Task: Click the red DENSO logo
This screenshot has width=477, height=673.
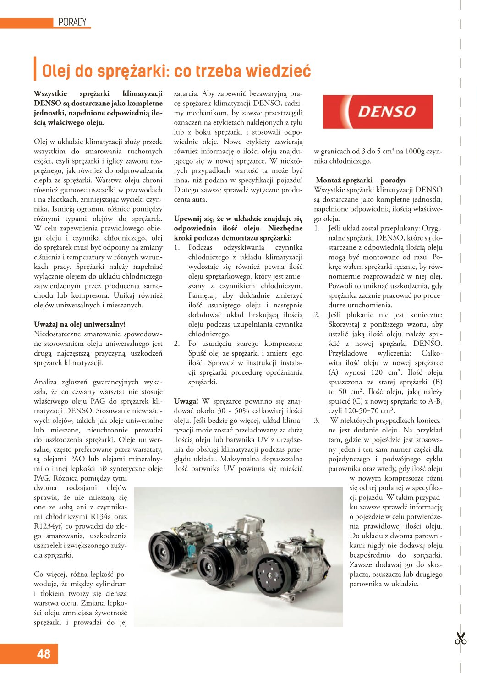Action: (378, 112)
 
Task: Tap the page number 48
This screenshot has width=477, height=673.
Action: (44, 654)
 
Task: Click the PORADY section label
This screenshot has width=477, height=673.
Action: (72, 22)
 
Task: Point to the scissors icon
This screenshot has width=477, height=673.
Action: (460, 638)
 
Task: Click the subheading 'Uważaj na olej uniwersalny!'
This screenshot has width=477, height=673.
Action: (79, 324)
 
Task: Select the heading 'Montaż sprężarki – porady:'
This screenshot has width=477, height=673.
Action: (361, 180)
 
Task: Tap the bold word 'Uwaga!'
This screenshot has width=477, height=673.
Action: (186, 401)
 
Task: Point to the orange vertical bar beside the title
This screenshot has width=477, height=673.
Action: (35, 69)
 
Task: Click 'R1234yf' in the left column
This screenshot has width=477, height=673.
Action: (48, 526)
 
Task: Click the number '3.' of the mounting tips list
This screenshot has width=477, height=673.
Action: (317, 420)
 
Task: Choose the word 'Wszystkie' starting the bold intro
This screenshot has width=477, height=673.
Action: (50, 93)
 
